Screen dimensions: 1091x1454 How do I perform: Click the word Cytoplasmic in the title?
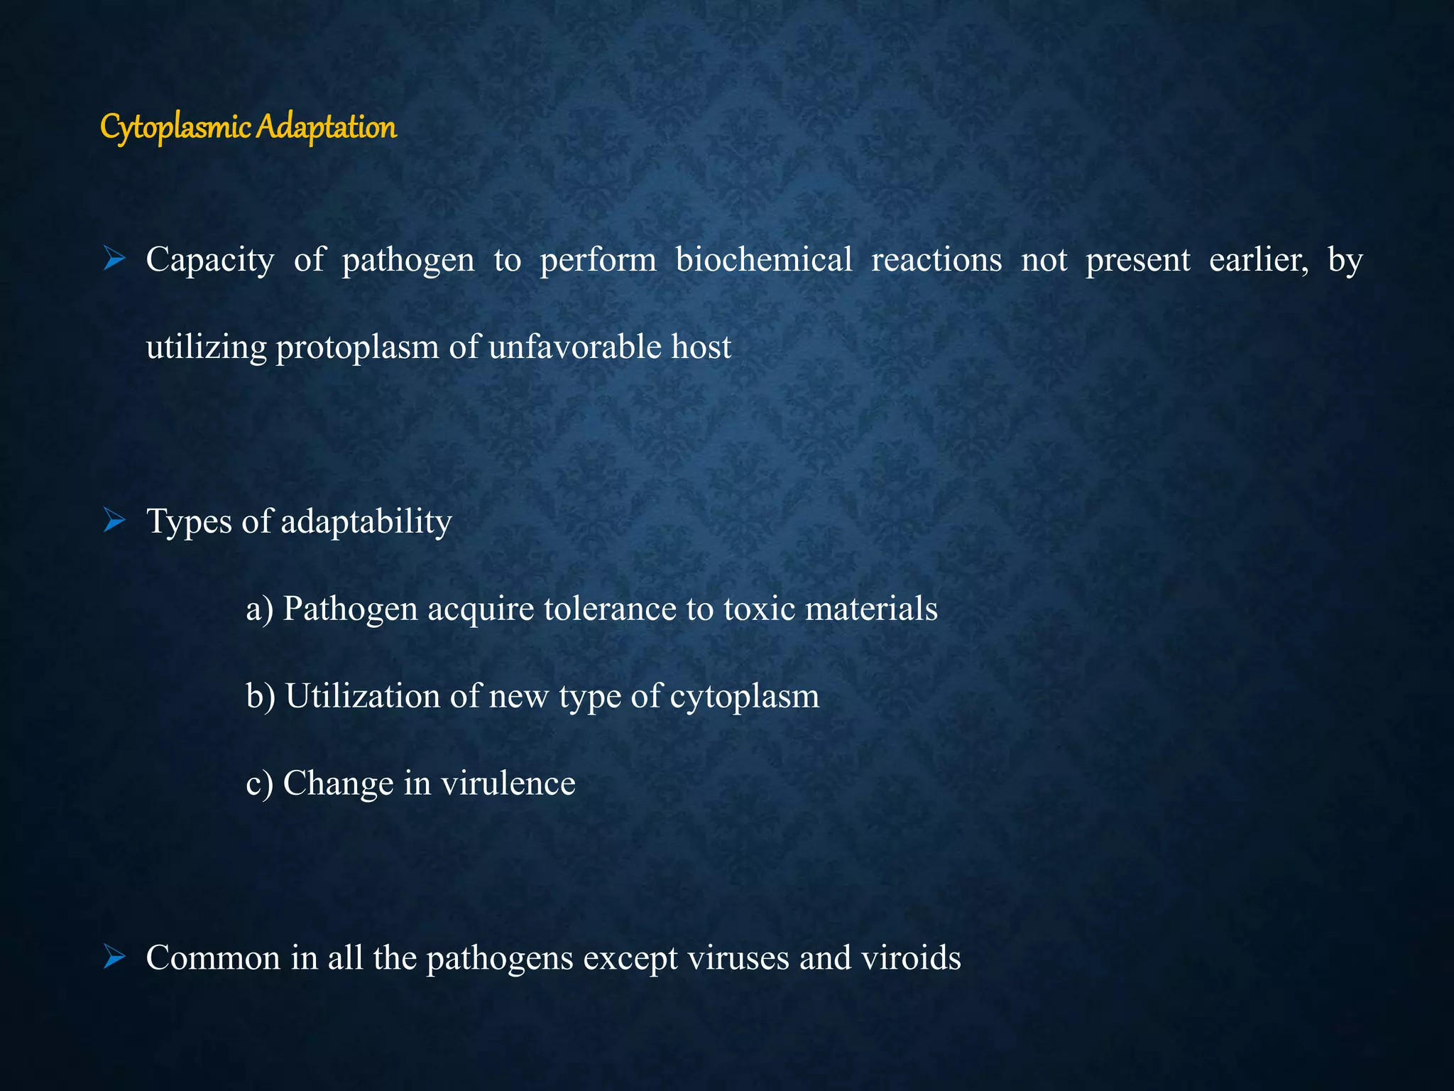[x=176, y=128]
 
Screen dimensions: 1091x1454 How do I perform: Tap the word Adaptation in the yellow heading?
[x=326, y=128]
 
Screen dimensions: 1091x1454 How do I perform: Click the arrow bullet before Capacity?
[x=114, y=259]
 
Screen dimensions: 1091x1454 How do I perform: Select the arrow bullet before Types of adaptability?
[x=114, y=521]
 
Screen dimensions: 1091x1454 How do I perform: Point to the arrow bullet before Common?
[x=114, y=957]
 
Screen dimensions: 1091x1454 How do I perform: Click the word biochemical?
[x=764, y=260]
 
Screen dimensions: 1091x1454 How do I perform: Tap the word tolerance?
[x=610, y=609]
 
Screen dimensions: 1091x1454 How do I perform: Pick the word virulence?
[x=508, y=783]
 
